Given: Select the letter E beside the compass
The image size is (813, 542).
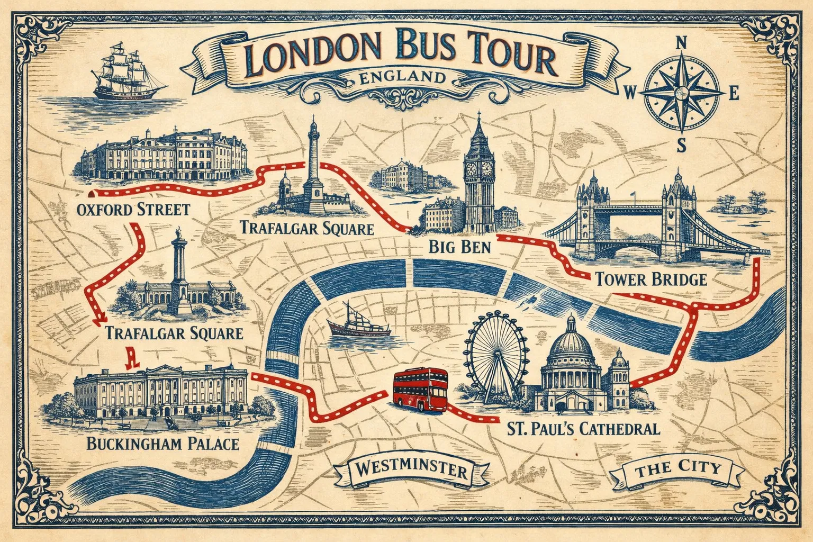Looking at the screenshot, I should (734, 94).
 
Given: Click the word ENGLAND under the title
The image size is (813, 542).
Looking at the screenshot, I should (401, 78).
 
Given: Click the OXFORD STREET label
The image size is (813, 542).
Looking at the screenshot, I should (133, 209).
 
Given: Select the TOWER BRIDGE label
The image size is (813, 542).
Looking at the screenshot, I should (651, 278).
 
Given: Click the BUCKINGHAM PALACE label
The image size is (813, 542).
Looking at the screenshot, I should (163, 443).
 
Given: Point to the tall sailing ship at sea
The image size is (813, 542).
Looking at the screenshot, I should (129, 76).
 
